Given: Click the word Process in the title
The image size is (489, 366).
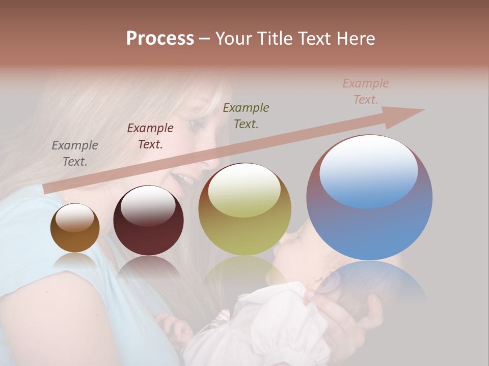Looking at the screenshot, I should click(x=160, y=38).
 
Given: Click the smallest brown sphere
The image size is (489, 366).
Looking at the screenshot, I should click(x=75, y=228).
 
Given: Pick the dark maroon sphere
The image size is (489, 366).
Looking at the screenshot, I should click(x=148, y=220).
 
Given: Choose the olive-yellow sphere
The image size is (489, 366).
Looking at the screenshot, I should click(x=244, y=208).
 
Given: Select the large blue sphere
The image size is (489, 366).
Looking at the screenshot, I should click(x=369, y=197).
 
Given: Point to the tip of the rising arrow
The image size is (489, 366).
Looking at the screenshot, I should click(x=423, y=110).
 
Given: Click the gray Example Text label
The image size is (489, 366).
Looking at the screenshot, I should click(x=75, y=154).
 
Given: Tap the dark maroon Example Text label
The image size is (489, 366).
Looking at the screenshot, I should click(x=150, y=136).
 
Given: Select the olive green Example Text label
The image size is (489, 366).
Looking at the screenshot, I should click(x=246, y=115).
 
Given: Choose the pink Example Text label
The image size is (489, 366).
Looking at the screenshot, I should click(x=366, y=91).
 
